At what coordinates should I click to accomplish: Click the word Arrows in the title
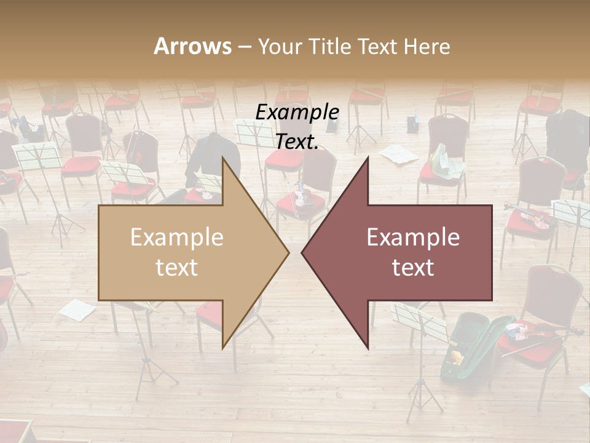(x=192, y=46)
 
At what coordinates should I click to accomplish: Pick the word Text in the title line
(x=379, y=47)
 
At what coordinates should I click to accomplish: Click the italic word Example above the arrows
(x=297, y=113)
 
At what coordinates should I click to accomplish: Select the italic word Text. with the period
(x=297, y=142)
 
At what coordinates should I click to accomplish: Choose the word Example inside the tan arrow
(x=177, y=237)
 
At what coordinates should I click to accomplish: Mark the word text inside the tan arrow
(x=177, y=268)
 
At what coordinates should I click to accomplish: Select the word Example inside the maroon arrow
(x=413, y=237)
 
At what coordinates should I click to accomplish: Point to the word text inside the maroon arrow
(x=413, y=268)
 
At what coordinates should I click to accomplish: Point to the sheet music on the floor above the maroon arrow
(x=399, y=154)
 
